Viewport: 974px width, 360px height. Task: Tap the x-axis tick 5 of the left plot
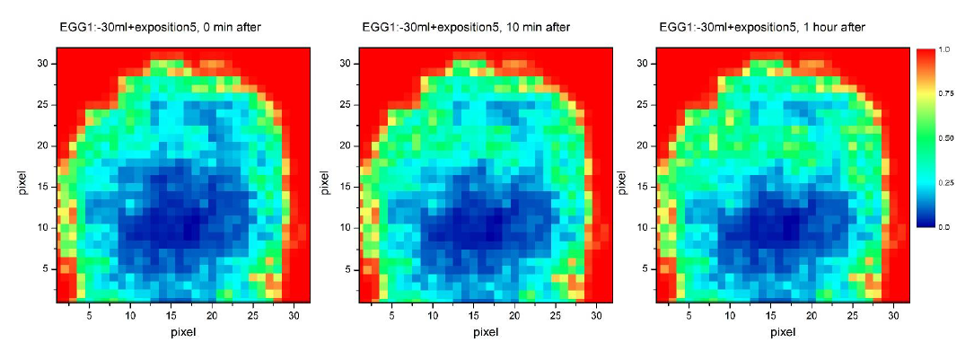coord(89,316)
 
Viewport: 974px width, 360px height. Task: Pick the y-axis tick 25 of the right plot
coord(643,105)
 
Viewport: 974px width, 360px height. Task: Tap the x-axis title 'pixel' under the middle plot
coord(485,332)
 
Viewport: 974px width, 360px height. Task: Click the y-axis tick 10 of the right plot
coord(643,227)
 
